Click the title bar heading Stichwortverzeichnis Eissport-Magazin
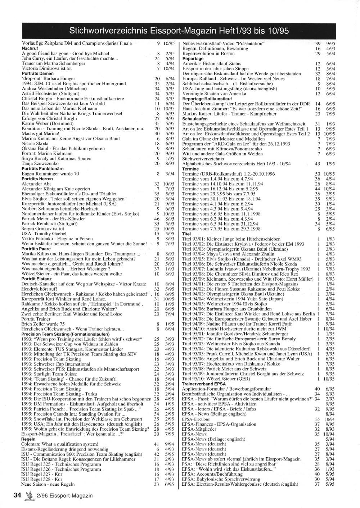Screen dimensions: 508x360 [179, 30]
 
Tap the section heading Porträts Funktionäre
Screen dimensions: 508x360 [42, 168]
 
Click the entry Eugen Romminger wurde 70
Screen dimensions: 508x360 [50, 173]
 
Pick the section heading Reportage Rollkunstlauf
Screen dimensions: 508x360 [207, 98]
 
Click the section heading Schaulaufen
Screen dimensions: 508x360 [195, 118]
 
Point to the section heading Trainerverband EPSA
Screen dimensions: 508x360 [204, 384]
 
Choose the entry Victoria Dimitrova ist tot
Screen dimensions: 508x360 [47, 68]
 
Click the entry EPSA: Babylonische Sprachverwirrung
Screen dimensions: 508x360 [221, 479]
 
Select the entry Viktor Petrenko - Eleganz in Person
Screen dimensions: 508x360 [57, 239]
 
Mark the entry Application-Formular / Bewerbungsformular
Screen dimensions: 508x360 [226, 389]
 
